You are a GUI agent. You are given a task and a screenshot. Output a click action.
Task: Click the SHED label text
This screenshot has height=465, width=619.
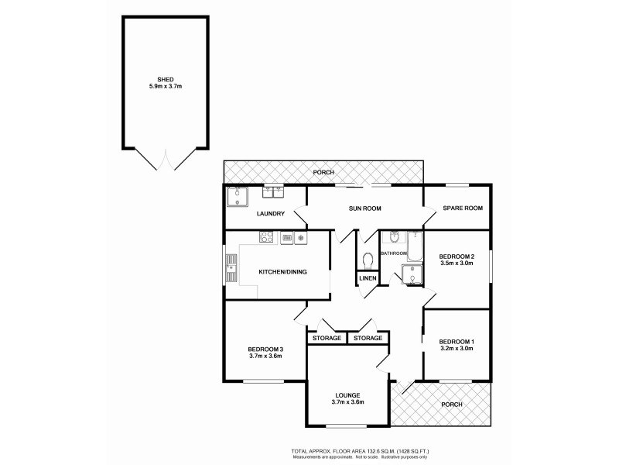pyautogui.click(x=165, y=79)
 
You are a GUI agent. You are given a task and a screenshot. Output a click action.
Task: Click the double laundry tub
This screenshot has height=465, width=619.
pyautogui.click(x=273, y=191)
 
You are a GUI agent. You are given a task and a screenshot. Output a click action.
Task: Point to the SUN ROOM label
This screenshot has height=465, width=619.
pyautogui.click(x=365, y=208)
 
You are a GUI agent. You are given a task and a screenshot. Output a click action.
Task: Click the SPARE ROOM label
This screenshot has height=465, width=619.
pyautogui.click(x=463, y=208)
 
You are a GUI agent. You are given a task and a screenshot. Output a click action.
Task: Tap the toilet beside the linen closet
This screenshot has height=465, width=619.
pyautogui.click(x=368, y=260)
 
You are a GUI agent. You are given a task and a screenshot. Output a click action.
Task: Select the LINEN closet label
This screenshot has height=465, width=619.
pyautogui.click(x=368, y=278)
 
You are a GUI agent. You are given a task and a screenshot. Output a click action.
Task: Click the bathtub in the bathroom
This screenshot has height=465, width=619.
pyautogui.click(x=414, y=246)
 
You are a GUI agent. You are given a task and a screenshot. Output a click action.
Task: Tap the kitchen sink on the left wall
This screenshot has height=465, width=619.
pyautogui.click(x=231, y=270)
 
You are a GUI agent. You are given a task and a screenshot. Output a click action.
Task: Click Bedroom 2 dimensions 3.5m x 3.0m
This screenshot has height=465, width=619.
pyautogui.click(x=456, y=263)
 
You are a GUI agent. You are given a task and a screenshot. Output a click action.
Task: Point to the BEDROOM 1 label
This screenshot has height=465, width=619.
pyautogui.click(x=456, y=342)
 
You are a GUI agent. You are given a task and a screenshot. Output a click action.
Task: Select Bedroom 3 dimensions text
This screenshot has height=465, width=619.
pyautogui.click(x=265, y=356)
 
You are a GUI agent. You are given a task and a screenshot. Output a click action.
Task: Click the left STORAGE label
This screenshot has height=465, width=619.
pyautogui.click(x=326, y=339)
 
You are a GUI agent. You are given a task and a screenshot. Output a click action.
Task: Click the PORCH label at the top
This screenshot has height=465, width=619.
pyautogui.click(x=323, y=172)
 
